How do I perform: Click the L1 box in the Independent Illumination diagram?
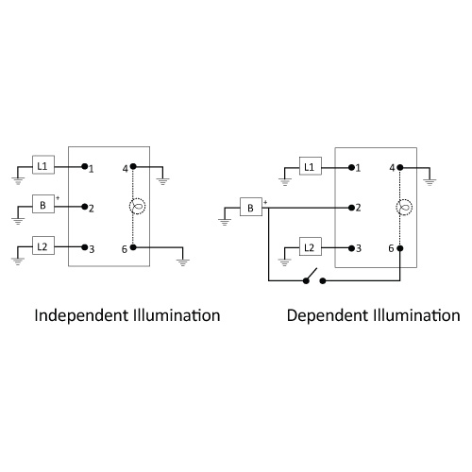tap(43, 165)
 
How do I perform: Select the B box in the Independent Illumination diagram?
tap(43, 204)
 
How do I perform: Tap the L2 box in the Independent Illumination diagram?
tap(43, 245)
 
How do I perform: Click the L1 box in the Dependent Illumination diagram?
tap(311, 166)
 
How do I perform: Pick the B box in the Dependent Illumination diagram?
tap(251, 207)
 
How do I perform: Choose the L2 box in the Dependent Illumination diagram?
tap(311, 246)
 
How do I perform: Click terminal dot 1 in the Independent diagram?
tap(84, 166)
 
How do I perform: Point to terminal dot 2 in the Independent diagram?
tap(84, 207)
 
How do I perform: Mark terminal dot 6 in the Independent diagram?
tap(133, 247)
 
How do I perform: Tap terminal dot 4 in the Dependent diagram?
tap(400, 168)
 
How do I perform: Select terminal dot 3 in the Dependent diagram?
tap(351, 248)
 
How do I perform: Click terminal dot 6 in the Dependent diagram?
tap(400, 248)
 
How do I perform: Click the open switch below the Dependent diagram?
tap(314, 277)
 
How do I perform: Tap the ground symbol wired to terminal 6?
tap(183, 262)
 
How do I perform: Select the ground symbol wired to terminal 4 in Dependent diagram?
tap(430, 182)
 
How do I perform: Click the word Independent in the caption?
tap(83, 315)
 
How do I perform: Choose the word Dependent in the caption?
tap(328, 315)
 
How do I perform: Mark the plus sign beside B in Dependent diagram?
tap(265, 202)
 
